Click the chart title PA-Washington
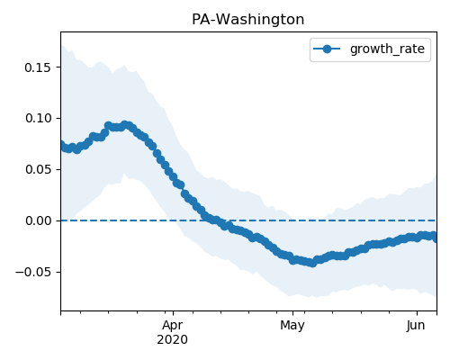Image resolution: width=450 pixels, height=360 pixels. [247, 20]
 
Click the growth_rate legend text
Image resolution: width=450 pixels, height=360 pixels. [387, 49]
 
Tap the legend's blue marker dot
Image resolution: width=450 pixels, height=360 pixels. [327, 49]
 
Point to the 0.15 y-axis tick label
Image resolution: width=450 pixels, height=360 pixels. [38, 67]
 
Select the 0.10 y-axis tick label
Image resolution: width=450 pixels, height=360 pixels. [38, 119]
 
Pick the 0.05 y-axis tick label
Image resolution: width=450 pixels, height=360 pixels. [38, 170]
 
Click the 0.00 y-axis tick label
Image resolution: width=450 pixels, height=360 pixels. [38, 221]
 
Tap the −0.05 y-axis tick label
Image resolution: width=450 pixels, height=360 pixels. [33, 273]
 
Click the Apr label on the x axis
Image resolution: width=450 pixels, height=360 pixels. [172, 326]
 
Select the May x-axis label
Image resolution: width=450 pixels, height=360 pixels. [292, 326]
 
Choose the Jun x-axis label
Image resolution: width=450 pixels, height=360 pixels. [416, 326]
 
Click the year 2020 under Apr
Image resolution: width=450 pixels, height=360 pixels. [172, 340]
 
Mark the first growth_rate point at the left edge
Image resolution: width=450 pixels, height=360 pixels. [62, 146]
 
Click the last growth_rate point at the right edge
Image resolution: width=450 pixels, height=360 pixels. [435, 237]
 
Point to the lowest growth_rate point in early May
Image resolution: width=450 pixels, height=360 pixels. [312, 263]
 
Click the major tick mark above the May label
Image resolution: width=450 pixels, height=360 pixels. [292, 313]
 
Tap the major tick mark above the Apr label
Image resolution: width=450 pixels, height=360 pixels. [173, 313]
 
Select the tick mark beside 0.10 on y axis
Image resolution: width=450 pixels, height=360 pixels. [58, 118]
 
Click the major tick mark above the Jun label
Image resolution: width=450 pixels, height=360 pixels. [417, 313]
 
